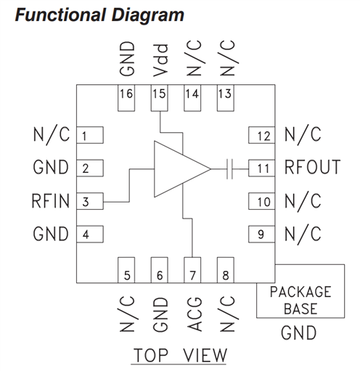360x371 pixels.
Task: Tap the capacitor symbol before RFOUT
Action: (229, 169)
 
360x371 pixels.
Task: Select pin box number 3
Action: (90, 201)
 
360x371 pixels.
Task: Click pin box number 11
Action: (262, 168)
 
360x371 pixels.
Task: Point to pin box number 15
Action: (160, 98)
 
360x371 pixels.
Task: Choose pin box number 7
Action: (192, 270)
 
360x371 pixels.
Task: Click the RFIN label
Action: (51, 201)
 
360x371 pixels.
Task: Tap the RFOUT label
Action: (312, 167)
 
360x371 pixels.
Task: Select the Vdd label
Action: (160, 60)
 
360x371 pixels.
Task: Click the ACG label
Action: (195, 314)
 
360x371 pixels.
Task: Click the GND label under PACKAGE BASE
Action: (299, 333)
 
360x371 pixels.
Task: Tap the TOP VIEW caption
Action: (180, 355)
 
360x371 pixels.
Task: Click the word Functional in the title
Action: (60, 15)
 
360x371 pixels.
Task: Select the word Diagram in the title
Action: (147, 16)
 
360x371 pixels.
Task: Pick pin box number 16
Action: (126, 98)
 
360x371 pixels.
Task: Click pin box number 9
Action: (262, 235)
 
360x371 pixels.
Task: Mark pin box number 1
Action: (90, 135)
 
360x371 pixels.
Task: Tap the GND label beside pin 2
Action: (51, 167)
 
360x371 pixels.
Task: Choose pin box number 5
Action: (126, 270)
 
